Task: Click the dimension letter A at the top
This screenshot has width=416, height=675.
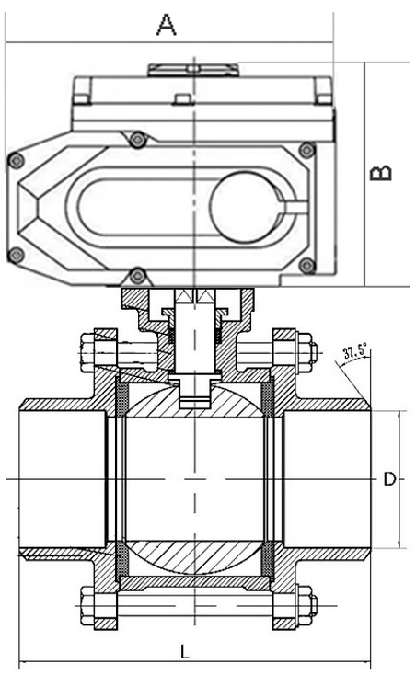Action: coord(166,25)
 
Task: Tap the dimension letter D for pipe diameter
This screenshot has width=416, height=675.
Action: coord(389,479)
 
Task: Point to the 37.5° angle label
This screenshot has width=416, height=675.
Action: coord(354,351)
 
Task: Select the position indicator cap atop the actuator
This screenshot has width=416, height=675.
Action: coord(192,68)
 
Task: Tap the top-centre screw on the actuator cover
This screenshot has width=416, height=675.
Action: coord(138,139)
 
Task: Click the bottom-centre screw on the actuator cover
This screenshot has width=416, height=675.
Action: coord(137,274)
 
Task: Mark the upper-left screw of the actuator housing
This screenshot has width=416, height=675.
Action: coord(14,161)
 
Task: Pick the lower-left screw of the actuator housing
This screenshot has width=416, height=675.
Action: coord(14,255)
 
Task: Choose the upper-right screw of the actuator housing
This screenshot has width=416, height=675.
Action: coord(306,148)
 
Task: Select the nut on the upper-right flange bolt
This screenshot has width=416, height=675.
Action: coord(307,353)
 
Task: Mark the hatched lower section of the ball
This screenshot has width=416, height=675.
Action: coord(193,555)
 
